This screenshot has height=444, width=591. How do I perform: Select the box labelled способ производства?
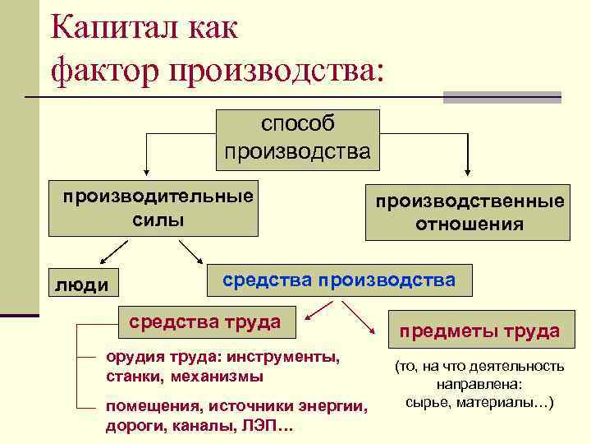tap(297, 137)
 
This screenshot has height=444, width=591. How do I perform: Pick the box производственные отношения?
tap(469, 213)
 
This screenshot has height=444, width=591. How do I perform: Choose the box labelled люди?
tap(81, 284)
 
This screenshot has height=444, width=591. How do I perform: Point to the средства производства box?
tap(339, 280)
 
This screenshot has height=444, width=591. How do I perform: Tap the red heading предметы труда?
tap(479, 331)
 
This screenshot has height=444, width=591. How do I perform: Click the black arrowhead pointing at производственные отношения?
tap(468, 171)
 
